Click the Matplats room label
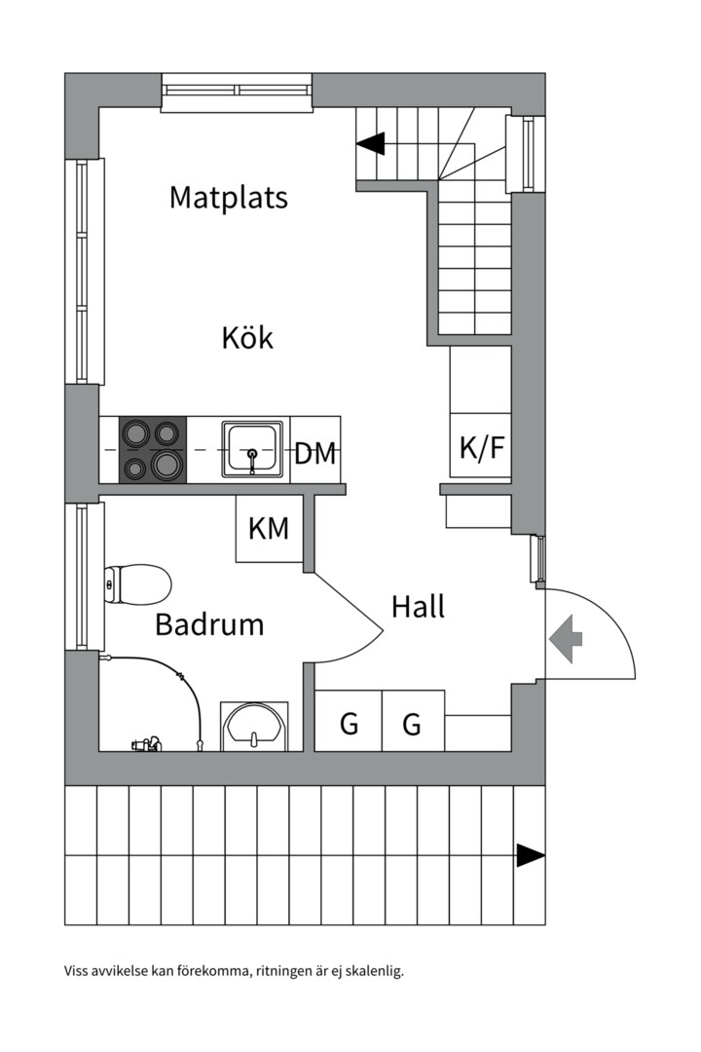tap(229, 198)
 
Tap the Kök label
tap(247, 339)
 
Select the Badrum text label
tap(209, 624)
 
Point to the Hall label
tap(418, 607)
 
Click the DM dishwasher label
tap(314, 453)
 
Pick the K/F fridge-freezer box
tap(481, 447)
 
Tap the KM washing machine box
tap(269, 529)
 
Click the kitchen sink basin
tap(252, 449)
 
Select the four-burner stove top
tap(153, 449)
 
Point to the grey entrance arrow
tap(566, 639)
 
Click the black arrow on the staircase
tap(370, 144)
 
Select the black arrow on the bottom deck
tap(530, 855)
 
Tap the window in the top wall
tap(237, 91)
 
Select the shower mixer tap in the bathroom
tap(146, 745)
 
